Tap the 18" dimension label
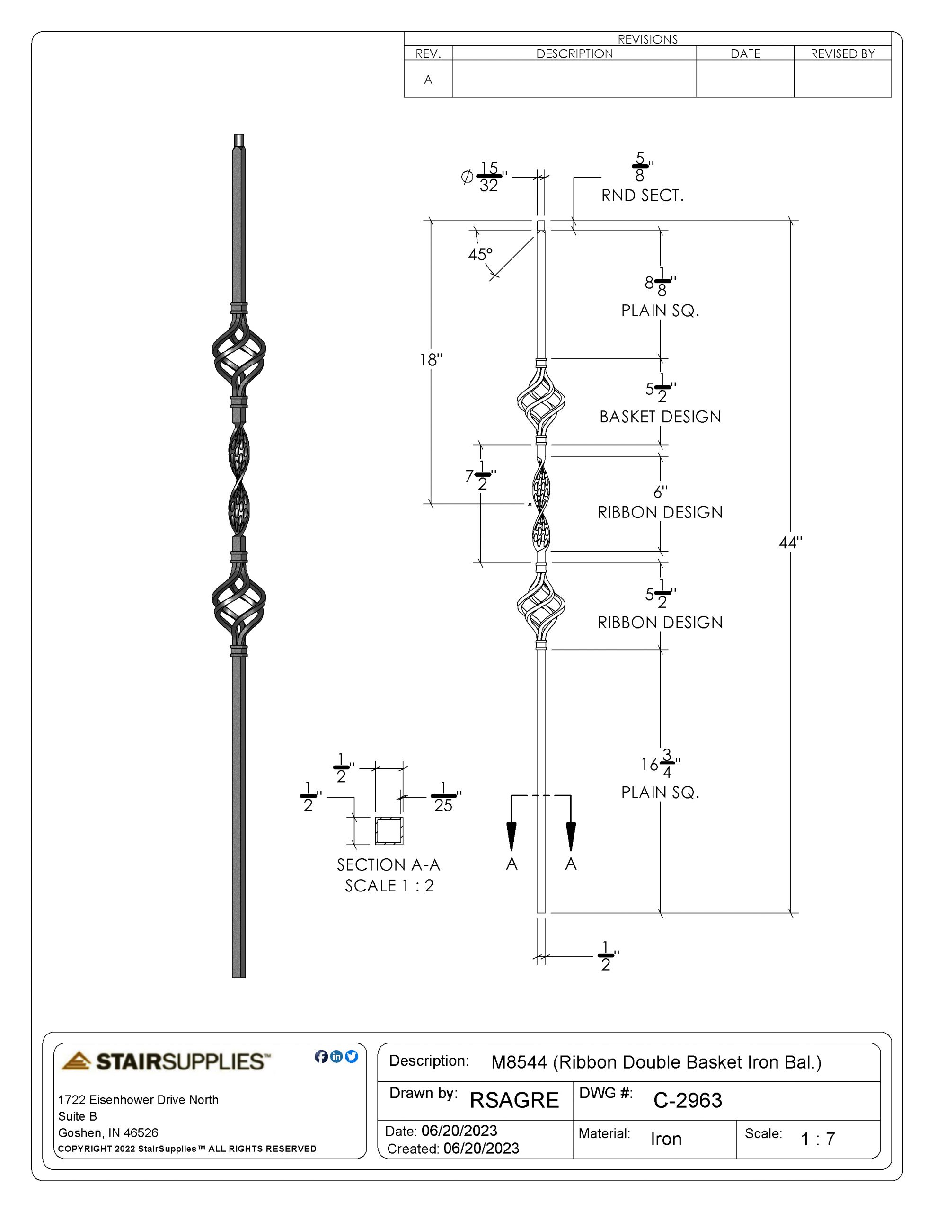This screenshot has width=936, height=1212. click(431, 360)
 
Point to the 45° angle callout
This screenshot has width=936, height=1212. click(480, 255)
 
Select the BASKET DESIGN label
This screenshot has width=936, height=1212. click(660, 417)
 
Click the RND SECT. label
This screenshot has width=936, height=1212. click(643, 196)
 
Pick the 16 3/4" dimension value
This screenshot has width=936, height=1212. click(660, 764)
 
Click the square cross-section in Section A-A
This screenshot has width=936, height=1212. click(389, 831)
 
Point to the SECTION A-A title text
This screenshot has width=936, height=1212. click(389, 864)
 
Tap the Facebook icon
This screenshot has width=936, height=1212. click(321, 1057)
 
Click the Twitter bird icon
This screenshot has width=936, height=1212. click(352, 1057)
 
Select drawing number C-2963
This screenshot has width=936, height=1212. click(688, 1100)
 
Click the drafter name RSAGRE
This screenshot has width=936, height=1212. click(514, 1100)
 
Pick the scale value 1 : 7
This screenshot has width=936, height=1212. click(818, 1139)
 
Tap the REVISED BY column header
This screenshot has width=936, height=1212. click(842, 54)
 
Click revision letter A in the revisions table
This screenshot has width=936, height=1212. click(428, 80)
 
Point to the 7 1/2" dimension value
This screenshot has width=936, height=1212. click(480, 476)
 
